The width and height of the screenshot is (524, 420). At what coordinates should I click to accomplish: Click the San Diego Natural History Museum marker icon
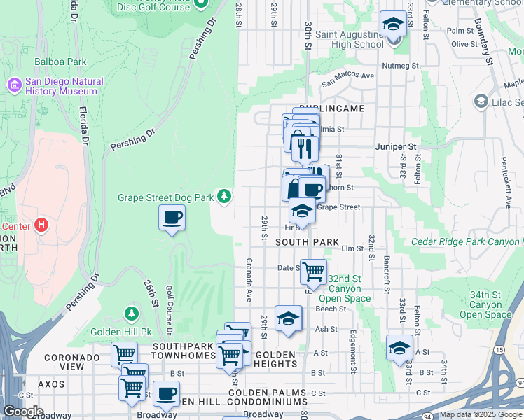coord(14,85)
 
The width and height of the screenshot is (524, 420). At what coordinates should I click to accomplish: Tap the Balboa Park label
coord(60,62)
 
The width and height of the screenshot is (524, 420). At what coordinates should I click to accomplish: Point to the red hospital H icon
coord(41,225)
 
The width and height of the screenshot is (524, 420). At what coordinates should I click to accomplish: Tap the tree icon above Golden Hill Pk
coord(130,313)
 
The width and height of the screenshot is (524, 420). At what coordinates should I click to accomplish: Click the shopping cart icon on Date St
coord(313,269)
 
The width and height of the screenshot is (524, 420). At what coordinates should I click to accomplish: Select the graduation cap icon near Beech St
coord(288,318)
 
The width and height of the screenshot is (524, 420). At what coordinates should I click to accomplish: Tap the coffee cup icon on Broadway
coord(166,393)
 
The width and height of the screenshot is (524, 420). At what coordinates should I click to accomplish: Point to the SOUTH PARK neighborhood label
coord(307,242)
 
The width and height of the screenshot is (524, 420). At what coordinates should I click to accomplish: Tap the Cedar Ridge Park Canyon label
coord(467,242)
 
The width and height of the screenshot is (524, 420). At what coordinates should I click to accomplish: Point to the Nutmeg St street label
coord(399,66)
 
